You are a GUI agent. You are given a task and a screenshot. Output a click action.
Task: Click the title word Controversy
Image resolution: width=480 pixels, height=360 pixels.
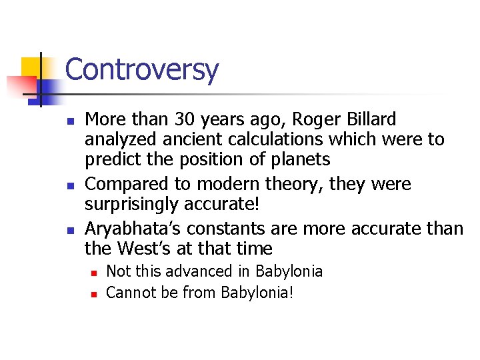141,69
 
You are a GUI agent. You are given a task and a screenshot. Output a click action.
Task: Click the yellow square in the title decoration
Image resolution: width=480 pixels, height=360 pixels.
31,67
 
